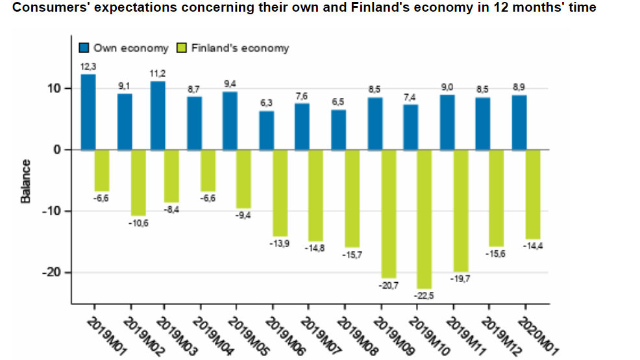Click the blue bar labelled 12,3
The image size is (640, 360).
point(88,112)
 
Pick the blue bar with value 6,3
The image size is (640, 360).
point(267,130)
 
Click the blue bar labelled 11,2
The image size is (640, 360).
point(158,115)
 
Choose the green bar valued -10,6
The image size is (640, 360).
point(138,182)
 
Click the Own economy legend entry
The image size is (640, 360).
point(124,48)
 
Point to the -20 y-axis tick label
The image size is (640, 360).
point(54,272)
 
